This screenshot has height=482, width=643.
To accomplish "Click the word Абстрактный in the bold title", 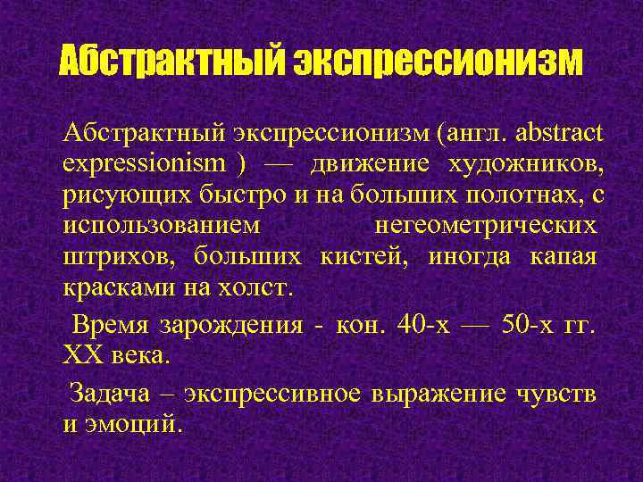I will (x=171, y=62).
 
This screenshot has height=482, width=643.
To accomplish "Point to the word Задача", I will (x=107, y=393).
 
